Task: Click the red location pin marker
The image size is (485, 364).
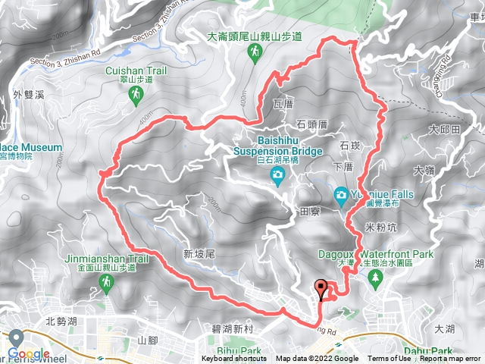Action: (322, 290)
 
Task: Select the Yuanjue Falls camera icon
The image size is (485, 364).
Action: (340, 195)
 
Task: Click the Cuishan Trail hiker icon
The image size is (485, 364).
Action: (136, 94)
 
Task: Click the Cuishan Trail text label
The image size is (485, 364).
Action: (136, 70)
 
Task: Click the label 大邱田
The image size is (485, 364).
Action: (444, 130)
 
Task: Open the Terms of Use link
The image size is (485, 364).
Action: (390, 359)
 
